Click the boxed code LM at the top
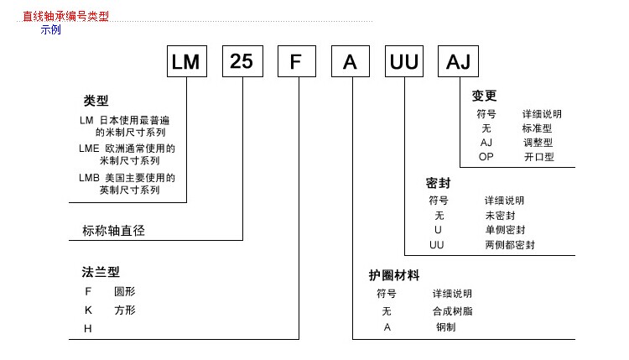[x=187, y=61]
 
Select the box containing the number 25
[x=242, y=61]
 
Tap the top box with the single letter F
[x=297, y=61]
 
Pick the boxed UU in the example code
[x=404, y=61]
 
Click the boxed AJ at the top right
[x=458, y=61]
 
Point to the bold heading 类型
[x=96, y=101]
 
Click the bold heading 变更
[x=484, y=96]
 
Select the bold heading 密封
[x=438, y=183]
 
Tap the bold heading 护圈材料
[x=394, y=275]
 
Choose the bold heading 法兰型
[x=101, y=272]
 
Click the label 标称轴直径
[x=113, y=231]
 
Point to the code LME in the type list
[x=89, y=149]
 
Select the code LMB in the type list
[x=89, y=178]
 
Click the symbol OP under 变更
[x=486, y=157]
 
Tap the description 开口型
[x=538, y=157]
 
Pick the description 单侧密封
[x=505, y=230]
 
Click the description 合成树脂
[x=453, y=311]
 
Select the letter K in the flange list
[x=88, y=310]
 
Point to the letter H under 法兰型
[x=88, y=329]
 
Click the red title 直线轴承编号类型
[x=65, y=16]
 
